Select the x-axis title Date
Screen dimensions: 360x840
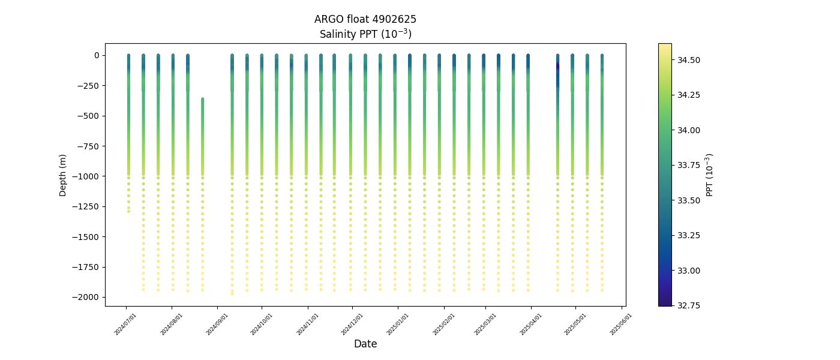(x=365, y=344)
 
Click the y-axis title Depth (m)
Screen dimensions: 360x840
(x=63, y=175)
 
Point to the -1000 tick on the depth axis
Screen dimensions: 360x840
(x=88, y=176)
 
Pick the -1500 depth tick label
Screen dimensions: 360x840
(x=88, y=237)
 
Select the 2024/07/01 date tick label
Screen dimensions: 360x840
(x=125, y=324)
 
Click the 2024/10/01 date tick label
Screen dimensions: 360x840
(x=261, y=324)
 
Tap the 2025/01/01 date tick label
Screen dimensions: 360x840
(x=397, y=324)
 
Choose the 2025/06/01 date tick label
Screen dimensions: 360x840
(x=620, y=324)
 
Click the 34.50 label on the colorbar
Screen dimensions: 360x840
(x=689, y=60)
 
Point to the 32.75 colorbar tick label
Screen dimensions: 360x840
(x=689, y=305)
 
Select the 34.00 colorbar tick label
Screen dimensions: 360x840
(x=689, y=130)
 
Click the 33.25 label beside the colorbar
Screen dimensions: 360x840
(x=689, y=235)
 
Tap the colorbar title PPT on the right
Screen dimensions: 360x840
(x=710, y=175)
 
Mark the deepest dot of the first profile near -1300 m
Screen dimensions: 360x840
(x=128, y=211)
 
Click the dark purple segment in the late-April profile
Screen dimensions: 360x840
(x=557, y=66)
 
